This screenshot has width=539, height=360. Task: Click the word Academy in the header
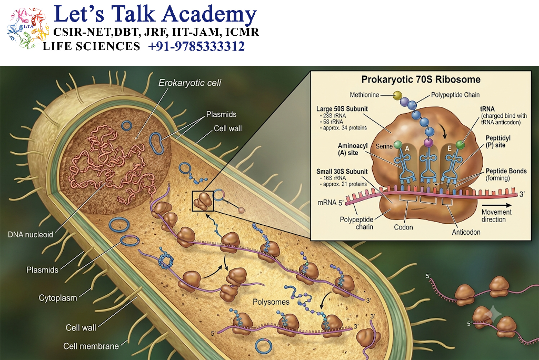tap(209, 15)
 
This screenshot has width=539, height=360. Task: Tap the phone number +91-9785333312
tap(196, 46)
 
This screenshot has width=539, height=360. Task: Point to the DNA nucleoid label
tap(31, 235)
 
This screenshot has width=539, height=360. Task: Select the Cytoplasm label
tap(58, 298)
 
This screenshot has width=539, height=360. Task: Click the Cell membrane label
tap(91, 346)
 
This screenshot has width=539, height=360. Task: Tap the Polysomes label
tap(271, 302)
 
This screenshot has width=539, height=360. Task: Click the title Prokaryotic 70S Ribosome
tap(421, 79)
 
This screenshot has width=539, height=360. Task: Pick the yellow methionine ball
tap(397, 95)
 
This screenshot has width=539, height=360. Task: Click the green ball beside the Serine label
tap(398, 145)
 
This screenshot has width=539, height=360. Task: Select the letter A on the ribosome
tap(407, 148)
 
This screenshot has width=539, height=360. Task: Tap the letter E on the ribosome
tap(450, 148)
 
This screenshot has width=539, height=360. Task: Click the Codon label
tap(403, 227)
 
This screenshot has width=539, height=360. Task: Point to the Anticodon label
tap(466, 232)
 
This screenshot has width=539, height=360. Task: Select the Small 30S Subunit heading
tap(342, 171)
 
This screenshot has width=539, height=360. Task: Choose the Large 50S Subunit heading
tap(342, 108)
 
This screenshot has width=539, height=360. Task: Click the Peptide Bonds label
tap(506, 171)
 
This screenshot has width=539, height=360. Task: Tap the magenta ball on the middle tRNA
tap(428, 142)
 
